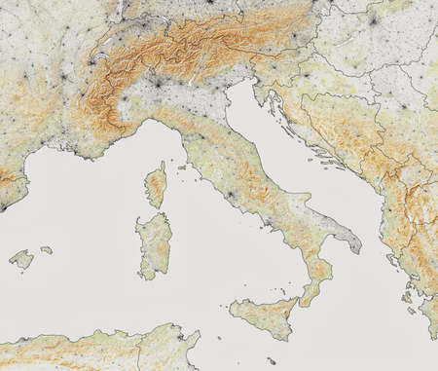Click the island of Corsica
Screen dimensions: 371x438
tap(155, 186)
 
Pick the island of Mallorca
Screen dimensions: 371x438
tap(20, 259)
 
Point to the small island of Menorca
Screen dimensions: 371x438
tap(45, 250)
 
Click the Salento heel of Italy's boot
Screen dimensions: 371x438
tap(352, 243)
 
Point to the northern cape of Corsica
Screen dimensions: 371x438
tap(162, 166)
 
